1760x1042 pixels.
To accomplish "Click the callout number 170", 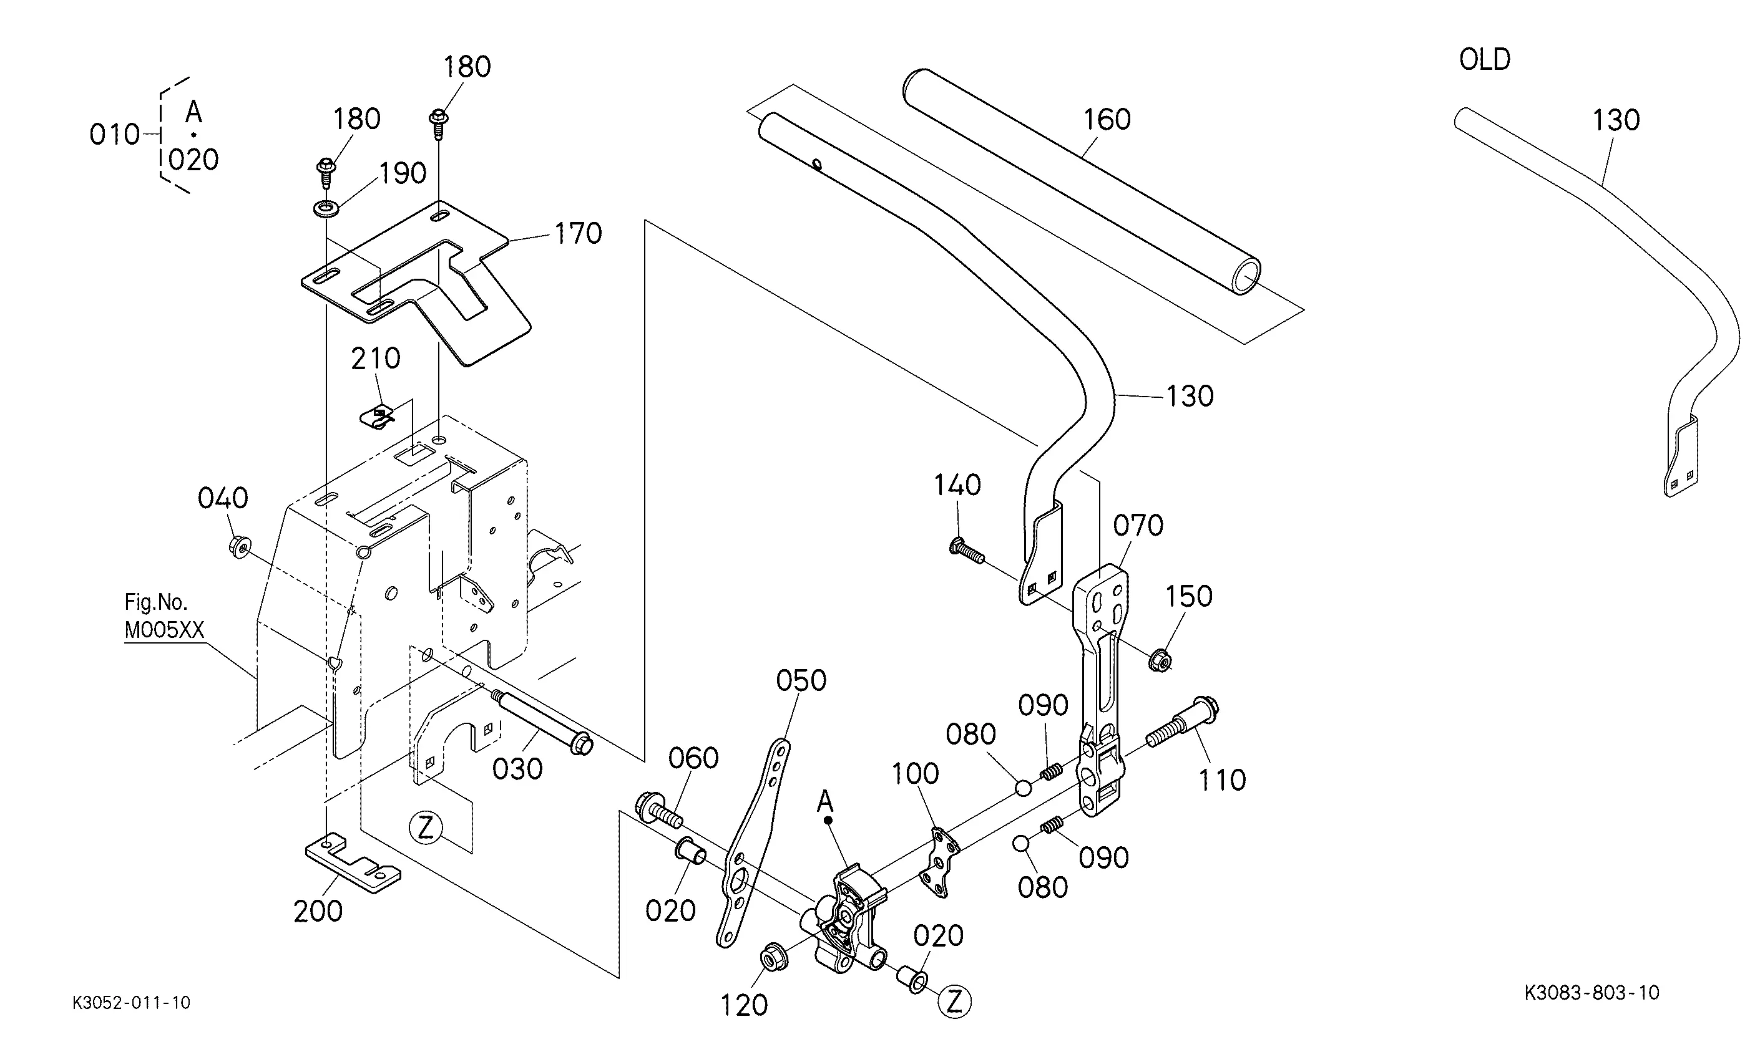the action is point(578,234).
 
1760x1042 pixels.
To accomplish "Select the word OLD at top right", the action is point(1485,60).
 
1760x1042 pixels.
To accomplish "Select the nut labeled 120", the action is point(773,958).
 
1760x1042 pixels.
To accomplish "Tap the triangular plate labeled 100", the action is point(939,863).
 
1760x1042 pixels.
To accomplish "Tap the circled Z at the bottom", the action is point(954,1002).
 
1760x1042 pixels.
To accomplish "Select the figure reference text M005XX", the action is point(164,630).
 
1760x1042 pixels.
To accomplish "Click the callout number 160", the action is point(1107,120).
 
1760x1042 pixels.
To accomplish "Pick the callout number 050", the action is point(801,680).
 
